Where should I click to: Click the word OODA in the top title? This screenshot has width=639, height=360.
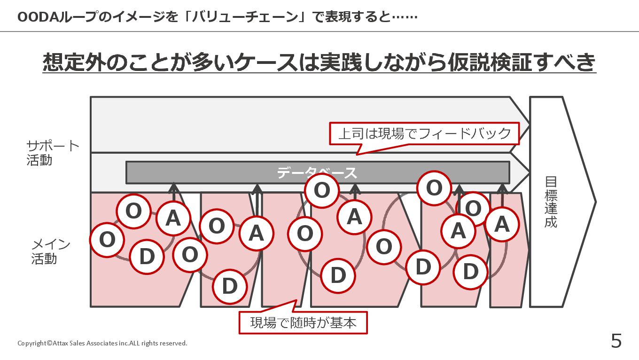click(x=37, y=17)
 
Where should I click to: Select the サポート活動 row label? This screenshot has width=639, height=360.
click(x=52, y=153)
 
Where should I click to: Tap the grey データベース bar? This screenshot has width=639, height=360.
click(x=318, y=172)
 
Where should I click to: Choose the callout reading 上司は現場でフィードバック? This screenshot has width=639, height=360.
click(x=424, y=133)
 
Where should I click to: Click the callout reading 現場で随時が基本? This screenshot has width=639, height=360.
click(x=303, y=322)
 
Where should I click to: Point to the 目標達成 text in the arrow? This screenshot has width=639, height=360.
click(x=551, y=202)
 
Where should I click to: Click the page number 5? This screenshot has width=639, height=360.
click(x=616, y=341)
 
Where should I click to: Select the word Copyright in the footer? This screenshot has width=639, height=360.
click(x=32, y=343)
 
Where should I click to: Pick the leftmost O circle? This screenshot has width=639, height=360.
click(x=107, y=240)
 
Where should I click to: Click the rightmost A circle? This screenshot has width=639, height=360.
click(x=502, y=224)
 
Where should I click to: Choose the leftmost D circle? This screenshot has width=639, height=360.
click(x=147, y=257)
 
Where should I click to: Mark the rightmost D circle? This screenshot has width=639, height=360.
click(x=470, y=272)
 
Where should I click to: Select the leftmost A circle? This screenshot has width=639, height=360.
click(x=173, y=218)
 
